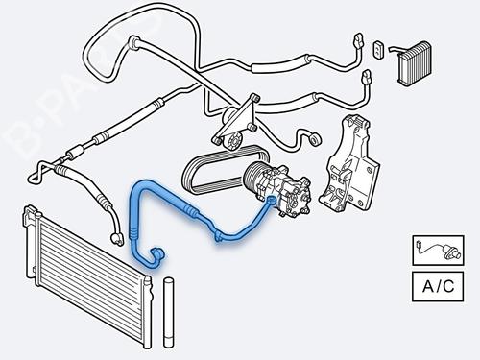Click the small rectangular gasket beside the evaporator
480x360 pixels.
point(378,48)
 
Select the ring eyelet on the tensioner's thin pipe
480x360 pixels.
point(309,141)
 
